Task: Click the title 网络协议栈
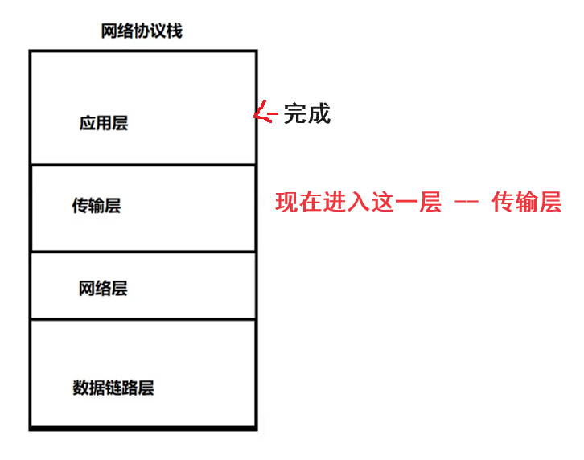coord(142,31)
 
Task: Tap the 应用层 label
coord(104,123)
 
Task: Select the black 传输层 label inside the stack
coord(97,206)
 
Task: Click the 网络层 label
coord(103,288)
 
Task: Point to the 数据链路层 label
coord(113,388)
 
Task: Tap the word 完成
coord(306,113)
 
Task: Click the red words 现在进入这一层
coord(359,202)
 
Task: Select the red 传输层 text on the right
coord(526,202)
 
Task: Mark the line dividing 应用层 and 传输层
coord(143,165)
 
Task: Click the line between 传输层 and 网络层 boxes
coord(143,252)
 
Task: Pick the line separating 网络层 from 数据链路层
coord(143,320)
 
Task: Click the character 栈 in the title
coord(175,31)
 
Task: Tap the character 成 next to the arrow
coord(319,113)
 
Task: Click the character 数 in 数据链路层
coord(81,388)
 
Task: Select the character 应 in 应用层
coord(88,123)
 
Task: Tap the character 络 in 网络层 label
coord(103,288)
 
